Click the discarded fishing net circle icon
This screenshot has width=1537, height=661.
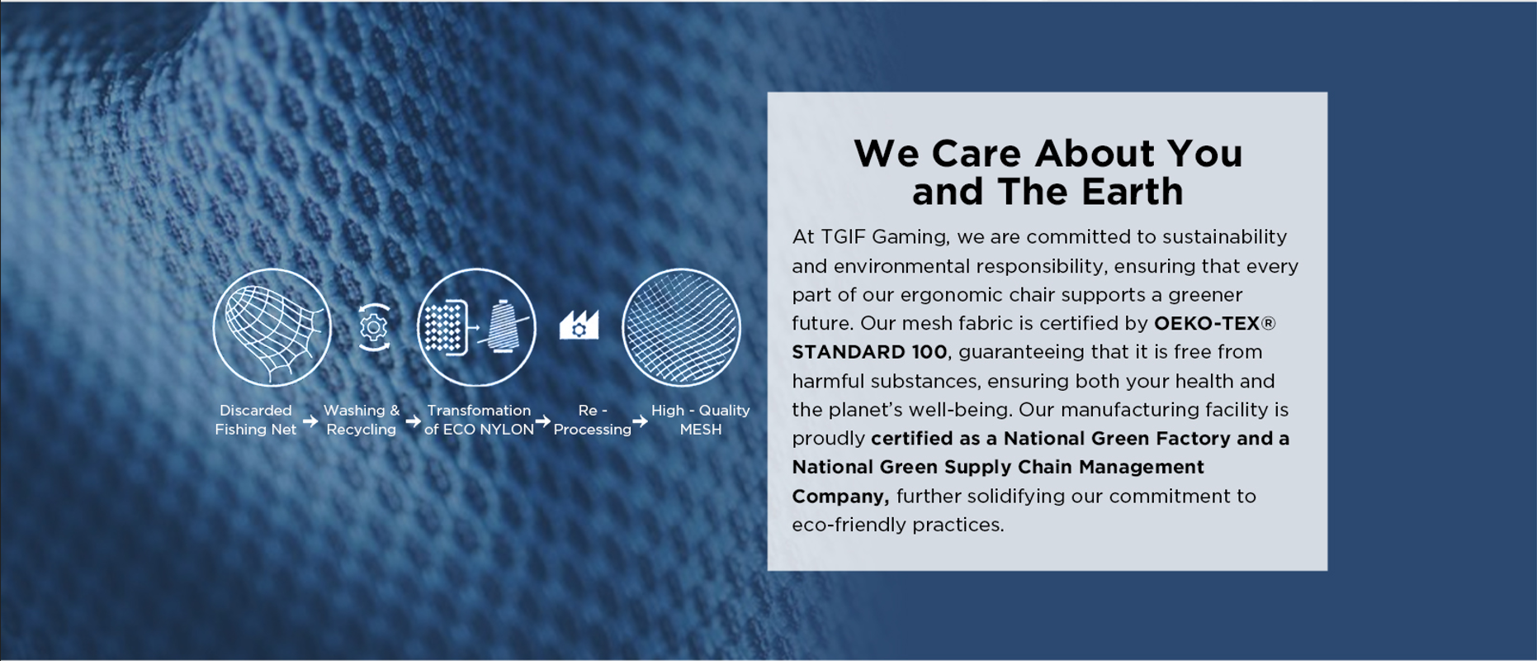pos(272,327)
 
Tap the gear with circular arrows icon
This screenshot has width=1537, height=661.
pos(374,327)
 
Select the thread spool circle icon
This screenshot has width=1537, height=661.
pos(476,327)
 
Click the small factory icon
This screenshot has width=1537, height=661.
pos(579,325)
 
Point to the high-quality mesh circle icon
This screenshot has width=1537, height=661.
pos(681,327)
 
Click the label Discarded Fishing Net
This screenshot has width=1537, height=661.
pos(255,420)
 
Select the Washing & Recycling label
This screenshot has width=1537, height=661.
pos(362,420)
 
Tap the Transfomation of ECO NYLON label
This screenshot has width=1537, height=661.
pos(479,420)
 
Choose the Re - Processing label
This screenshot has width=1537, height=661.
pos(593,420)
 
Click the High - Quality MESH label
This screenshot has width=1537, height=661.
pos(701,420)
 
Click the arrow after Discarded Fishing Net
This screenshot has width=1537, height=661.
pos(310,421)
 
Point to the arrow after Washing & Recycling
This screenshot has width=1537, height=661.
pos(413,421)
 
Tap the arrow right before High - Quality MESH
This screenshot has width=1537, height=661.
pos(641,421)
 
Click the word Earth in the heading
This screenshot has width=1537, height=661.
pos(1133,192)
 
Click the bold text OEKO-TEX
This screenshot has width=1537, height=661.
pos(1207,323)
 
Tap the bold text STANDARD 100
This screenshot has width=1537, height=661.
pos(869,352)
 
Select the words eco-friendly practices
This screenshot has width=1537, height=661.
pos(898,525)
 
